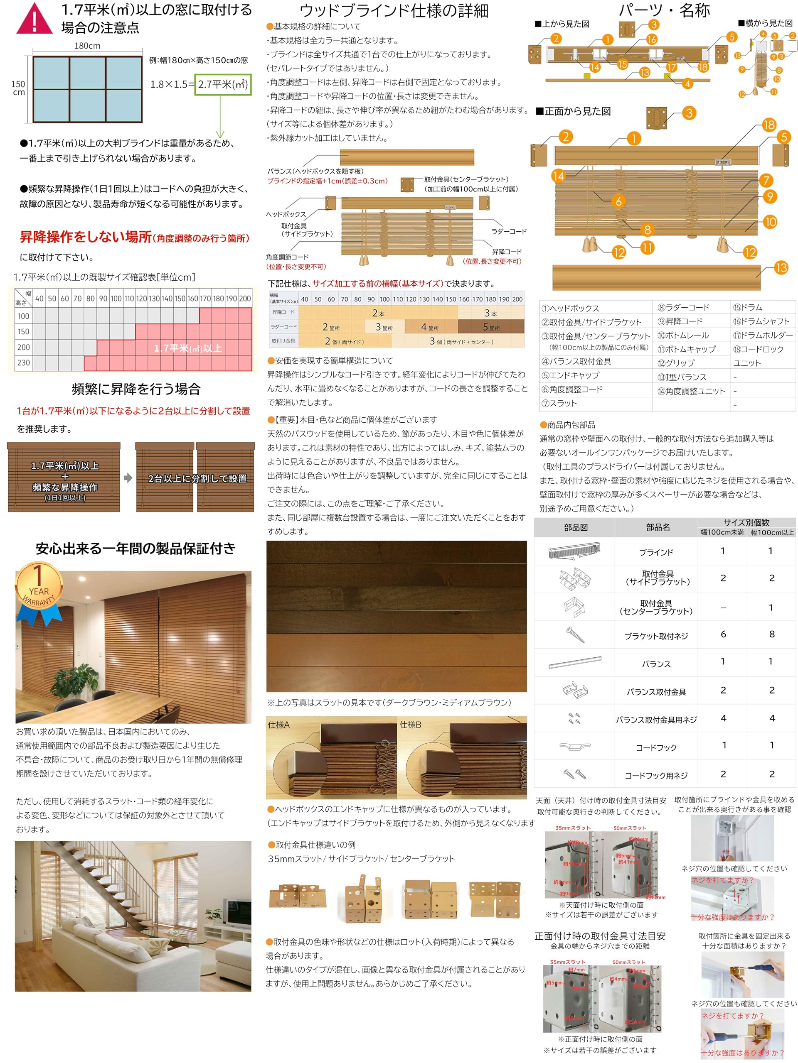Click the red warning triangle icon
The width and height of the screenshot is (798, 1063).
34,19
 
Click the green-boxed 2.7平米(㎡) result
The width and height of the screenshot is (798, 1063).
223,85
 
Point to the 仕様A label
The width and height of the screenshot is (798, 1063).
278,724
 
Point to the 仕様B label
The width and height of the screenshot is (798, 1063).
410,724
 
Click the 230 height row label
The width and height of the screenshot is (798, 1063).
24,362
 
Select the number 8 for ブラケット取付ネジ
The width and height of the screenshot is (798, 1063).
771,634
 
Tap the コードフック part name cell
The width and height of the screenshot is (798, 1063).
656,747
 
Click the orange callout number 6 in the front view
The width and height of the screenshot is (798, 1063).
618,201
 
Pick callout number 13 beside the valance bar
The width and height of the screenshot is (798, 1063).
781,268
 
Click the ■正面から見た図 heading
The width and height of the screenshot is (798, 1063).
574,111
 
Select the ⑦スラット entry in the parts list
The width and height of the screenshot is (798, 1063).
559,403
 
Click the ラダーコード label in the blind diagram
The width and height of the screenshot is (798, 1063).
508,231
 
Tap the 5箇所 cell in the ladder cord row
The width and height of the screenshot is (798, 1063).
490,327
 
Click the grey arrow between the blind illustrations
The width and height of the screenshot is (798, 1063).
128,478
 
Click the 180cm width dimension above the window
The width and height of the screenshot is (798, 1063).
88,46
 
